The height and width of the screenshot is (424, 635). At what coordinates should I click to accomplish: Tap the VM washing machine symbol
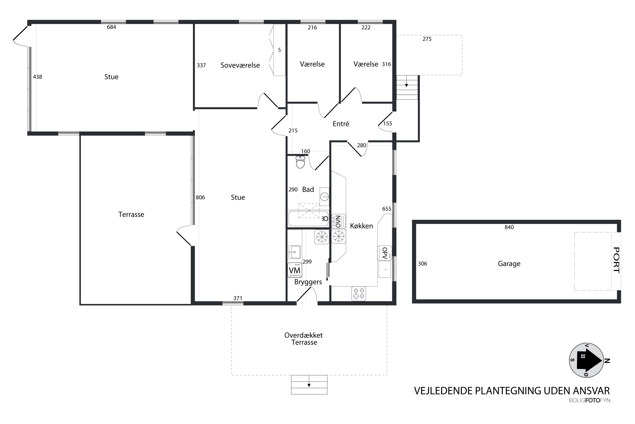[295, 270]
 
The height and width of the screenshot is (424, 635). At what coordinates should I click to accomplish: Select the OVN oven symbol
[338, 222]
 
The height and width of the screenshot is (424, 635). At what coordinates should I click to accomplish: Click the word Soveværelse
[240, 65]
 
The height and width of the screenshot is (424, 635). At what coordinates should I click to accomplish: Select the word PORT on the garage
[616, 260]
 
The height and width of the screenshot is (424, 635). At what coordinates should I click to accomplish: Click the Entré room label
[341, 124]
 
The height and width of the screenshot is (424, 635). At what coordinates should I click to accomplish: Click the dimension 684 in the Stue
[111, 27]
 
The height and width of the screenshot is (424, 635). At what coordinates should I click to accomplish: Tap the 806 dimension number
[200, 197]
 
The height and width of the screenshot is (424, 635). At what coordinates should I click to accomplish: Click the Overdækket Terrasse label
[304, 339]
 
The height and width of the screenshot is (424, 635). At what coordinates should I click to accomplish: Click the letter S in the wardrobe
[279, 50]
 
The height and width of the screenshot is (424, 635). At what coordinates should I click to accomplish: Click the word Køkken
[362, 226]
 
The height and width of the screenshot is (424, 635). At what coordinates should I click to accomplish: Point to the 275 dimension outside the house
[427, 39]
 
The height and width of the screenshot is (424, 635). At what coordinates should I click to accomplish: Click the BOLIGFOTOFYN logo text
[589, 400]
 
